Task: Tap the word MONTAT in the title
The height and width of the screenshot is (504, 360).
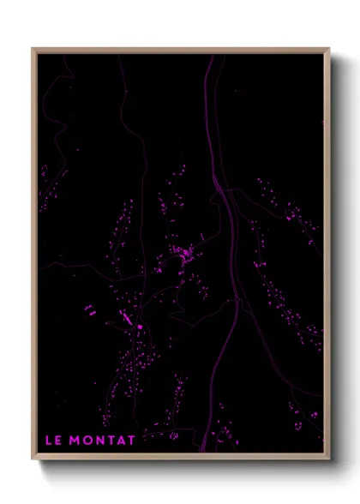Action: click(104, 441)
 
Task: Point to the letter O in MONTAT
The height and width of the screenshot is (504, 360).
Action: click(88, 441)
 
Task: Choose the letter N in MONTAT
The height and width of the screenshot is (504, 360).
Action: click(100, 441)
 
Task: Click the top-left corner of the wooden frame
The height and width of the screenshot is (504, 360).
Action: click(33, 49)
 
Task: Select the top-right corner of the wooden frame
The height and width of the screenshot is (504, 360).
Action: click(329, 49)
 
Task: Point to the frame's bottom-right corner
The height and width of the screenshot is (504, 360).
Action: click(329, 460)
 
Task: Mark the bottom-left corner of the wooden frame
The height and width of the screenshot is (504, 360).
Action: click(33, 460)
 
